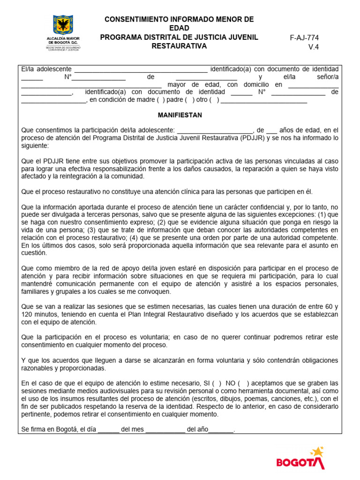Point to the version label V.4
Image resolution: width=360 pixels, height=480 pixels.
(313, 47)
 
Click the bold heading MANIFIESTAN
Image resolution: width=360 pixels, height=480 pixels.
(180, 115)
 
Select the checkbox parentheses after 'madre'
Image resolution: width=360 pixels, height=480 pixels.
(161, 100)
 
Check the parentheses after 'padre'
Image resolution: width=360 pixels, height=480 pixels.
(190, 100)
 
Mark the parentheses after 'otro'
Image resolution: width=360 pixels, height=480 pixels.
(214, 100)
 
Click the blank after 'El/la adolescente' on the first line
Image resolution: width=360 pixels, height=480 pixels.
(141, 69)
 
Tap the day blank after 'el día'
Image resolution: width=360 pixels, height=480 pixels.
(109, 429)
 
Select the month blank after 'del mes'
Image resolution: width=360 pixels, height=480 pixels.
(165, 429)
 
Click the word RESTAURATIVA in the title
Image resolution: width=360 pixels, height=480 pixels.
(179, 46)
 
